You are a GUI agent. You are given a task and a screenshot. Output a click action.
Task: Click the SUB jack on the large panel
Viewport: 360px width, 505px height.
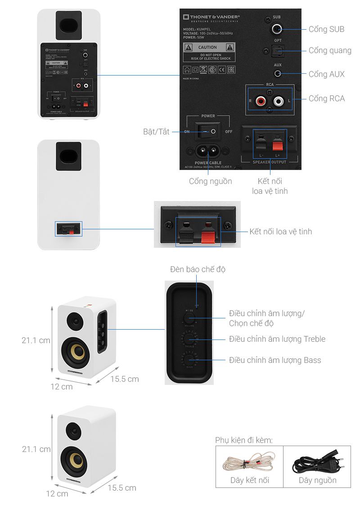[277, 30]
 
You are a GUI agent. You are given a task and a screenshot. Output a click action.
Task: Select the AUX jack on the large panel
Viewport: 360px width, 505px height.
[278, 74]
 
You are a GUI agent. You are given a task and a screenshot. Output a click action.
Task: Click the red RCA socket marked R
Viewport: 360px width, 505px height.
[260, 101]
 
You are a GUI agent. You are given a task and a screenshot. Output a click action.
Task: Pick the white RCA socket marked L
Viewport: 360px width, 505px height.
[279, 101]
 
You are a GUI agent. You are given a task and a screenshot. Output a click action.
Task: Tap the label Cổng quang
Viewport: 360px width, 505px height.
[329, 50]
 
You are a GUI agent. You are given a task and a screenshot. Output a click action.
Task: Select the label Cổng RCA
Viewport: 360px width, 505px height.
[326, 98]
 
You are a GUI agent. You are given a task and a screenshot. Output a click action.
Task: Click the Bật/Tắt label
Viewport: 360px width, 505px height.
[156, 132]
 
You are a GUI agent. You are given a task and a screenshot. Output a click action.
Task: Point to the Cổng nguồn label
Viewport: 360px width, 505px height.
[210, 181]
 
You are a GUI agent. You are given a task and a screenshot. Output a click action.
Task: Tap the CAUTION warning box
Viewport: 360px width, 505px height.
[209, 53]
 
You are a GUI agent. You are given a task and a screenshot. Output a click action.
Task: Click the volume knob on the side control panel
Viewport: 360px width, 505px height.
[188, 318]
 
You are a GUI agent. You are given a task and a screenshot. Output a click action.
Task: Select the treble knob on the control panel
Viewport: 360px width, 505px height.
[189, 338]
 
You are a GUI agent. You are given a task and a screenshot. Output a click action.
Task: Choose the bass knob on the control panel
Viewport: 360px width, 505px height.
[189, 360]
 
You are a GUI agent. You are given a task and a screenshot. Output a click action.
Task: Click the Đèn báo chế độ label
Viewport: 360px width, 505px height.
[198, 269]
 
